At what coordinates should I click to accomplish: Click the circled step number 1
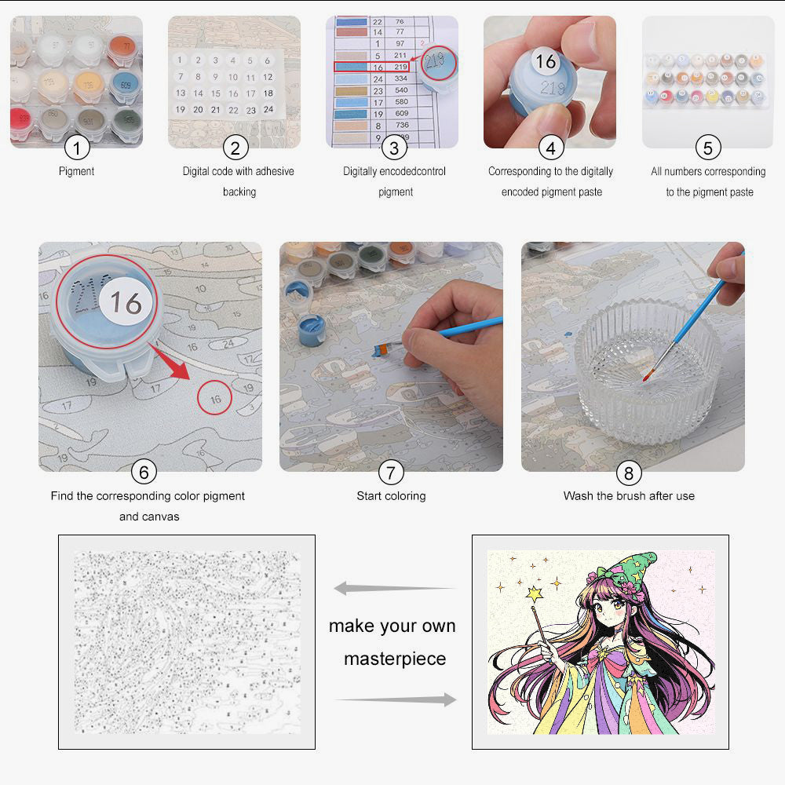76,147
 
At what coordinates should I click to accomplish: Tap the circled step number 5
708,147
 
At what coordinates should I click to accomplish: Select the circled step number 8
629,473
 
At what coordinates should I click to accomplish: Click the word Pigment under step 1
76,170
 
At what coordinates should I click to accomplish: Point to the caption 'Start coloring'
391,496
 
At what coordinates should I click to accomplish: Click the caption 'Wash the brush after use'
629,496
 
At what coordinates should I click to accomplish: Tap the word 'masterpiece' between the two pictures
394,659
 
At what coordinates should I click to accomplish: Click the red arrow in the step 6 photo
173,363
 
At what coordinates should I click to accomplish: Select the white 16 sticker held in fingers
545,60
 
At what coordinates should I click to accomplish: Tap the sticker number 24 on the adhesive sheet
268,109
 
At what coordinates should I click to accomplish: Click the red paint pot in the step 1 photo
20,121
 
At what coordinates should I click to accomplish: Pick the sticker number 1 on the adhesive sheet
181,60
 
